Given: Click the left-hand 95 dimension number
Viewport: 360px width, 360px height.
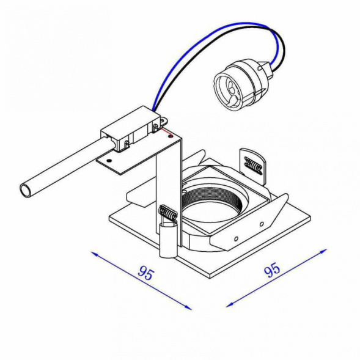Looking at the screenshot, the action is coord(145,273).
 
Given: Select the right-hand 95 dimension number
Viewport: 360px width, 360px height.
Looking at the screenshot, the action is coord(272,269).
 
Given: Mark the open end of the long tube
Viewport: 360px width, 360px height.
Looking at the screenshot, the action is coord(25,190).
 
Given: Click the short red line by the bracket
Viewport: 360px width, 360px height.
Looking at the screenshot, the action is coord(166,132).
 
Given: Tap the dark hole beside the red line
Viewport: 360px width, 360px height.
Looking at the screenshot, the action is coord(171,137).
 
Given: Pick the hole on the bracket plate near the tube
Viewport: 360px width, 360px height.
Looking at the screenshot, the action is coord(109,160).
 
